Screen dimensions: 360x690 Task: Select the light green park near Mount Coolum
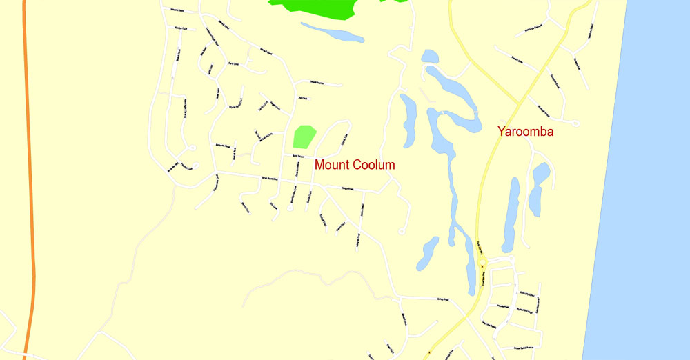[304, 136]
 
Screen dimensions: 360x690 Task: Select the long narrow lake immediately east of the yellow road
[511, 214]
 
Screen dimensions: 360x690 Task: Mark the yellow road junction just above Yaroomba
[518, 104]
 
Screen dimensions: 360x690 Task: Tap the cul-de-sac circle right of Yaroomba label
[576, 123]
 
